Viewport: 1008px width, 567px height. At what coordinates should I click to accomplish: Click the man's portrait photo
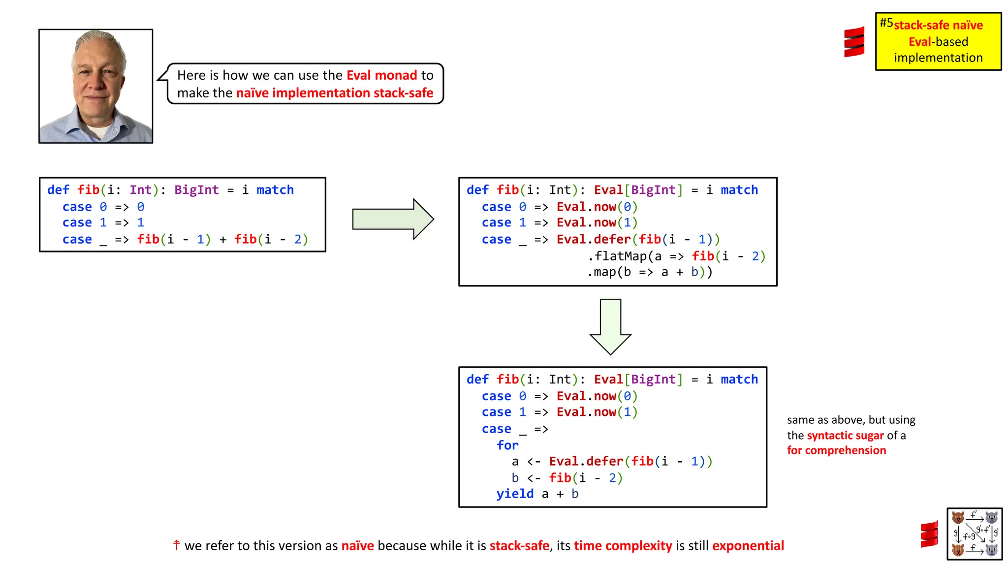click(96, 86)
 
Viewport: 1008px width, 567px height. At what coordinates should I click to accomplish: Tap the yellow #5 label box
click(938, 41)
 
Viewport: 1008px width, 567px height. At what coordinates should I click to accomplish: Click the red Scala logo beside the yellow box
click(854, 42)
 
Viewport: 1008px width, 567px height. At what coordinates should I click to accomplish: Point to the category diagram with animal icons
click(975, 534)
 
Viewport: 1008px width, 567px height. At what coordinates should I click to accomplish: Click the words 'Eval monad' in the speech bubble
click(382, 75)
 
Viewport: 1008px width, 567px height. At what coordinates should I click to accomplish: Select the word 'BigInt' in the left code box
click(196, 190)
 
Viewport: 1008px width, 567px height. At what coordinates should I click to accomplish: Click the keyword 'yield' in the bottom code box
click(515, 494)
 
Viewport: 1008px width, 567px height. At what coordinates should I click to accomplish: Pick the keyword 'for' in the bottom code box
click(507, 445)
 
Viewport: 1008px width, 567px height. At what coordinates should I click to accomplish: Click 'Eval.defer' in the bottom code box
click(586, 461)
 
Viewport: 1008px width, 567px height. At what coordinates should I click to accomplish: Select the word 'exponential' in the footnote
click(748, 545)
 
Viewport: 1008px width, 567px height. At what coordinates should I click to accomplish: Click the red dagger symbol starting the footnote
click(176, 544)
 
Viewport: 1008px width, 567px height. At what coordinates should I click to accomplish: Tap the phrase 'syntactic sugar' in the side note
click(845, 435)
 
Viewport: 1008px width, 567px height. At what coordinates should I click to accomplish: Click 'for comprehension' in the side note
click(836, 450)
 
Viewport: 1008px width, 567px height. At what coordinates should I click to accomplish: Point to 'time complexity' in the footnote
click(623, 545)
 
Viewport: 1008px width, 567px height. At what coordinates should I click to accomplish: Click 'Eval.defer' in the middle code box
click(594, 239)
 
